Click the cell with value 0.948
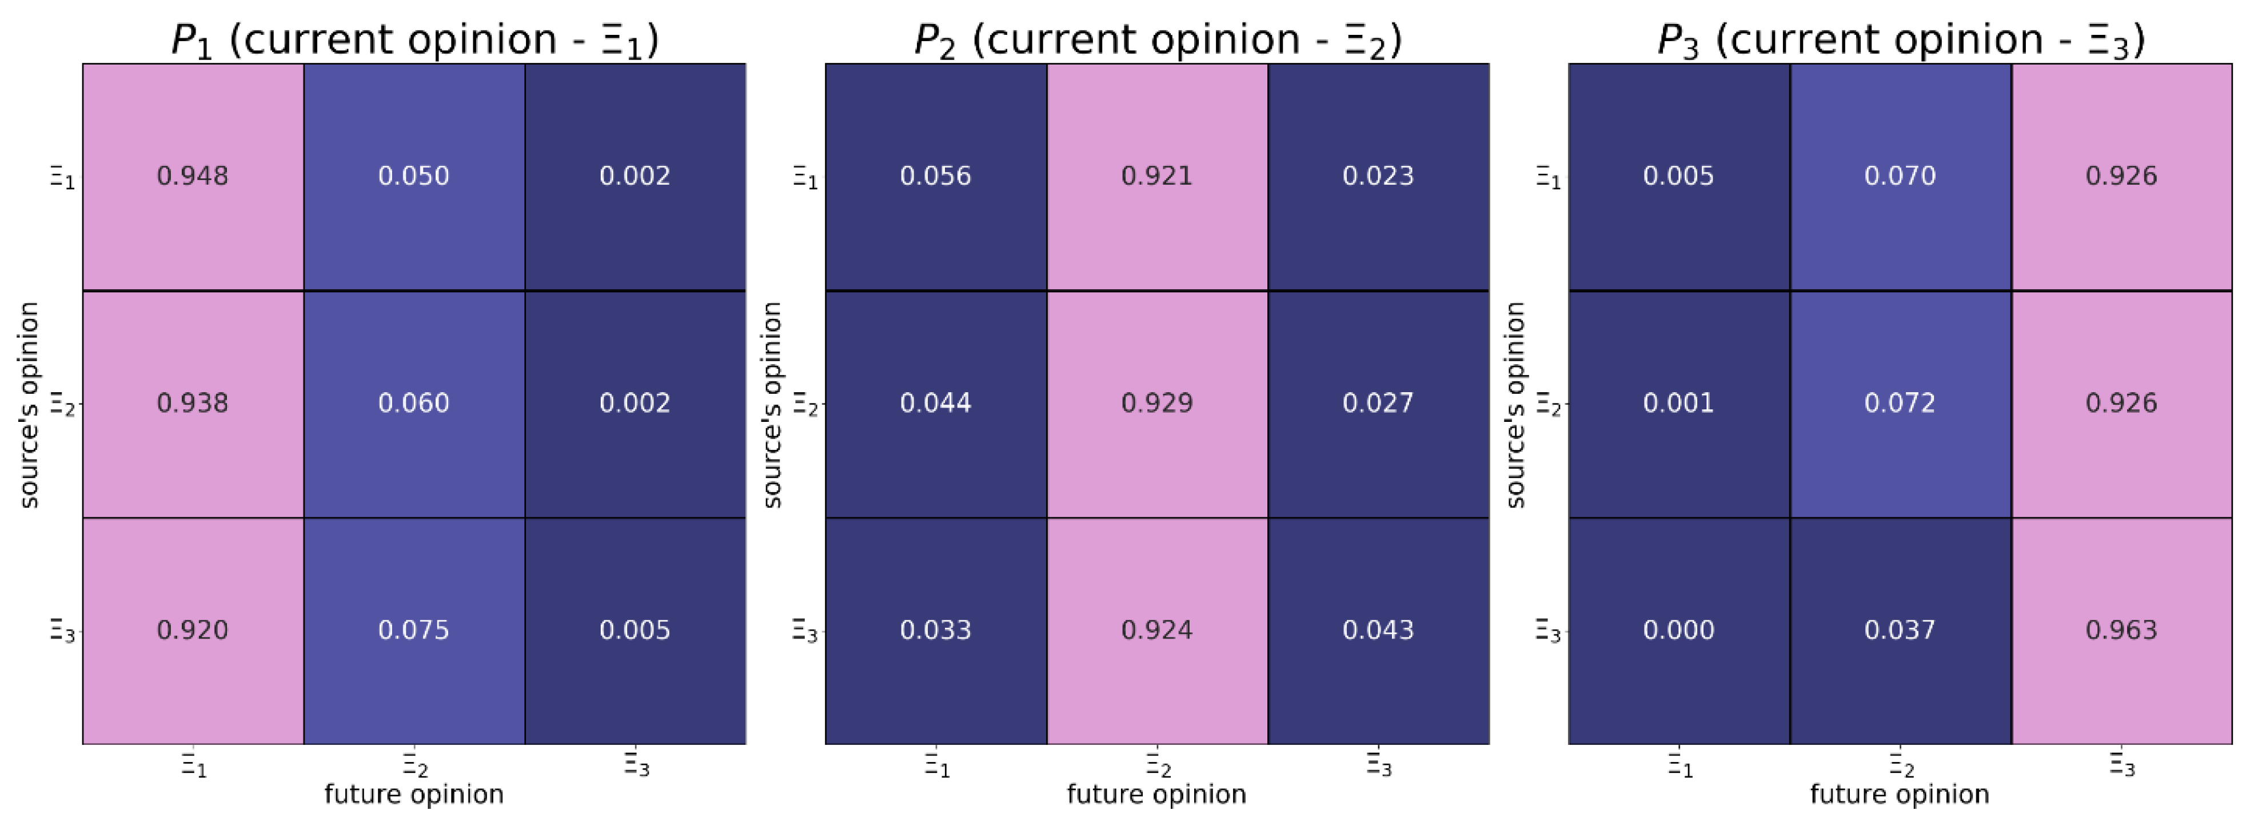[193, 176]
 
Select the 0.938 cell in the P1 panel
[193, 404]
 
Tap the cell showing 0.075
[414, 631]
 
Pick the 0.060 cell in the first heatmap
[414, 404]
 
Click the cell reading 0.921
[1157, 176]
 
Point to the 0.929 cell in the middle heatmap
[1157, 404]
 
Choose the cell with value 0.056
[935, 176]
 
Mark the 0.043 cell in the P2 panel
[1378, 631]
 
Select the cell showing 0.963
[2121, 631]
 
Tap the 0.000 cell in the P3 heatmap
[1678, 631]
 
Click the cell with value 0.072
[1900, 404]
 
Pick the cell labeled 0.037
[1900, 631]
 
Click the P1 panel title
[414, 39]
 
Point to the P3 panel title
[1900, 39]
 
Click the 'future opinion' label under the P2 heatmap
[1156, 795]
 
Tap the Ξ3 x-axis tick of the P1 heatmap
[636, 765]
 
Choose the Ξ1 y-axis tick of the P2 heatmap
[805, 178]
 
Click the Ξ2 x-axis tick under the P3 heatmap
[1900, 765]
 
